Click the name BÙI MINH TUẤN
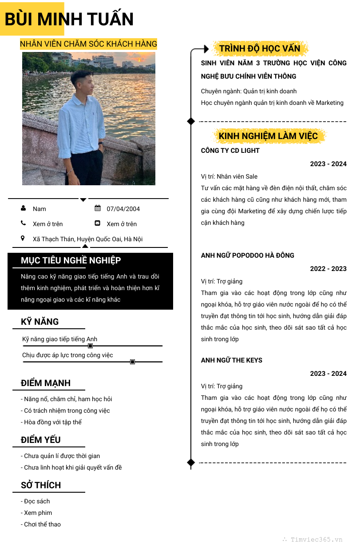pos(69,20)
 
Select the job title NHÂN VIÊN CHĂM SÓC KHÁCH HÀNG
pos(88,44)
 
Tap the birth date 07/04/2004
pos(123,209)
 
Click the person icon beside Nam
pos(23,208)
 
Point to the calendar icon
pos(98,208)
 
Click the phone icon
pos(23,223)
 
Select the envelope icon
pos(98,223)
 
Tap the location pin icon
pos(23,238)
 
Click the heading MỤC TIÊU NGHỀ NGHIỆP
pos(71,260)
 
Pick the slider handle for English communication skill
pos(90,346)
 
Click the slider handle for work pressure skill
pos(132,362)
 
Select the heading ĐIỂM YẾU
pos(41,440)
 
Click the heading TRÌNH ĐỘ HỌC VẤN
pos(260,48)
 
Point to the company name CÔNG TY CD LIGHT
pos(230,151)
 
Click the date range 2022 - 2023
pos(328,269)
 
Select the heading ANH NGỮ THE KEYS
pos(231,360)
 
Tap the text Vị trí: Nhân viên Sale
pos(229,176)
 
